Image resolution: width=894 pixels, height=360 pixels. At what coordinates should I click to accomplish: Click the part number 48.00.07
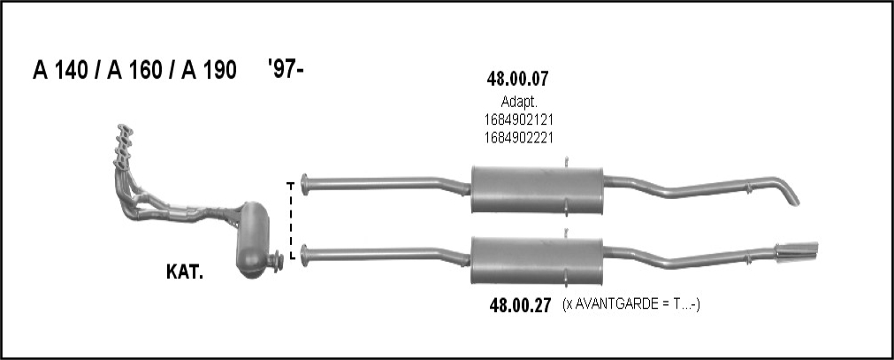coord(517,79)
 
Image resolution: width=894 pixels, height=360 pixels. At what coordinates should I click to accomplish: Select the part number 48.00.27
coord(521,306)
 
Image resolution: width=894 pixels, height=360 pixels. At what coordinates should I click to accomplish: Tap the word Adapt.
coord(519,103)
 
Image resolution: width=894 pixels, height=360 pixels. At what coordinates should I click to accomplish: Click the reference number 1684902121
coord(519,120)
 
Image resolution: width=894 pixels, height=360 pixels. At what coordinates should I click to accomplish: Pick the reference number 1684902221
coord(519,137)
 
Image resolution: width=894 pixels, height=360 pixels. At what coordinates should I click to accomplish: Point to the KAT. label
coord(185,272)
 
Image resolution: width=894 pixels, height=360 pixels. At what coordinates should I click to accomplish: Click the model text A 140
coord(60,70)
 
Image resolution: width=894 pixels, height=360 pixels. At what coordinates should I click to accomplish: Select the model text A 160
coord(134,70)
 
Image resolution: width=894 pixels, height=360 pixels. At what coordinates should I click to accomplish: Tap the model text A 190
coord(209,70)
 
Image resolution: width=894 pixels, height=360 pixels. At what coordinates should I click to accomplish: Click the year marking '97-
coord(286,68)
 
